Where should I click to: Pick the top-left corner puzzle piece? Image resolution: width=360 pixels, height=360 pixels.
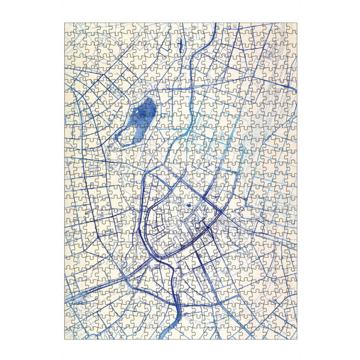[70, 29]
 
